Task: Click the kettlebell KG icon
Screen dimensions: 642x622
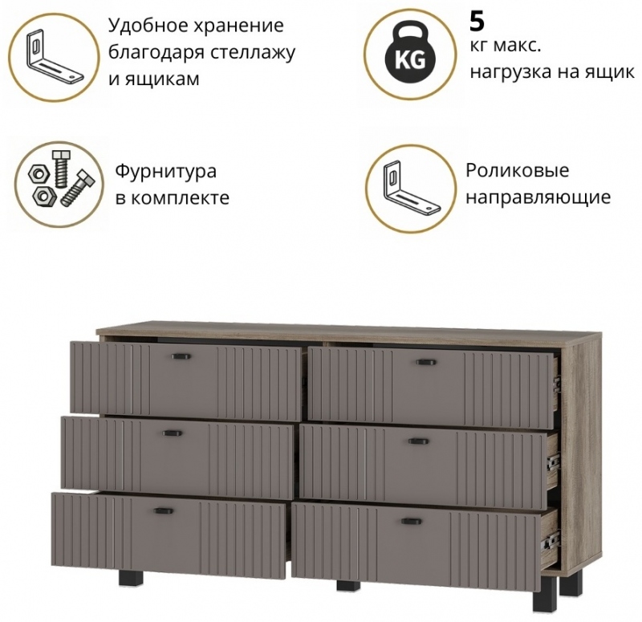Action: click(410, 53)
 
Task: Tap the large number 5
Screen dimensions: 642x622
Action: click(477, 22)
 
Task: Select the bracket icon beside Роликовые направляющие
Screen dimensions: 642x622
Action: click(411, 188)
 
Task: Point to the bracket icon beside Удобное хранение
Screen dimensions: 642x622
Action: click(55, 57)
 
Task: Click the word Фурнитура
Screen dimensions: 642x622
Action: click(165, 172)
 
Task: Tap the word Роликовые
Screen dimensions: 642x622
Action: click(517, 170)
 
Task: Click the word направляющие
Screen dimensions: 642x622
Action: click(538, 197)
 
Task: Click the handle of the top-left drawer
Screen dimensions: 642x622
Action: click(179, 356)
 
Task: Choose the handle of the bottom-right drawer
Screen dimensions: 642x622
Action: click(410, 521)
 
